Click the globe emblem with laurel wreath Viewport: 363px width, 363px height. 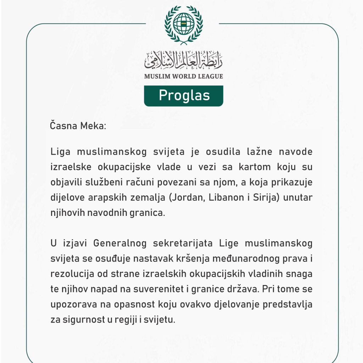pyautogui.click(x=184, y=24)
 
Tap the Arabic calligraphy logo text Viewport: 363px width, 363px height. pyautogui.click(x=184, y=61)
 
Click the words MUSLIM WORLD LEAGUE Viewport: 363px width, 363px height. pyautogui.click(x=184, y=76)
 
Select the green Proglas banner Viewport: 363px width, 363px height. pyautogui.click(x=184, y=95)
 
